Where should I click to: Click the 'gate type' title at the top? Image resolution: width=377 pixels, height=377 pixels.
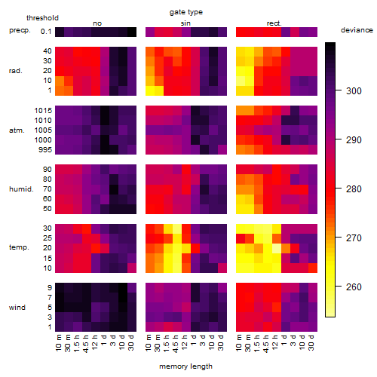click(186, 12)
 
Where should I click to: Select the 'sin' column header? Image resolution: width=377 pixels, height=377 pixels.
click(185, 23)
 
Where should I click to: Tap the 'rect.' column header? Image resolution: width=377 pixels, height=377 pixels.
click(274, 23)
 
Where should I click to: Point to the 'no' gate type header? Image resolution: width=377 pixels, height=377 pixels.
click(97, 23)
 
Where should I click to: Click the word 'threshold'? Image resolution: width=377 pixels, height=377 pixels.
click(42, 18)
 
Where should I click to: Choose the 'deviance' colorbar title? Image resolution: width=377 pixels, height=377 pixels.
click(357, 30)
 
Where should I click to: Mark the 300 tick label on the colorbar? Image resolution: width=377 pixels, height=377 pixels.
click(354, 90)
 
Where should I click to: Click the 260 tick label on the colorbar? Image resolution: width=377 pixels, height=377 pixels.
click(354, 287)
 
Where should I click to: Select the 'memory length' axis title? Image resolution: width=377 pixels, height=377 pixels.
click(185, 366)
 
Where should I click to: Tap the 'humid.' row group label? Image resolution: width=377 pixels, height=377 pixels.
click(21, 189)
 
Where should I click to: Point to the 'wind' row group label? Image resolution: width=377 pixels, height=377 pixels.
click(17, 308)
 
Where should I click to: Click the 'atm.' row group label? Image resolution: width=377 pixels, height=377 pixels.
click(17, 130)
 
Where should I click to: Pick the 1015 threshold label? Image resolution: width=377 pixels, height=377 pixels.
click(43, 111)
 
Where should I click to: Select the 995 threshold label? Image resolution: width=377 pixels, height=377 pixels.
click(45, 150)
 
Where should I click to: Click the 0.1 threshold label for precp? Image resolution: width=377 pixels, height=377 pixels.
click(46, 32)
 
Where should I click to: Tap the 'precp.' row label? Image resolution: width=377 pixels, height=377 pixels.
click(20, 30)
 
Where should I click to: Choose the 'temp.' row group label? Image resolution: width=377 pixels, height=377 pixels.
click(19, 247)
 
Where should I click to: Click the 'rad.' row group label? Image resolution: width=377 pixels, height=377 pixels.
click(16, 71)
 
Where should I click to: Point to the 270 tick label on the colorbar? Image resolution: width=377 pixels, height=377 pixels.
click(354, 238)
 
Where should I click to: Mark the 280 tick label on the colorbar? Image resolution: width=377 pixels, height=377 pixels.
click(354, 188)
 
